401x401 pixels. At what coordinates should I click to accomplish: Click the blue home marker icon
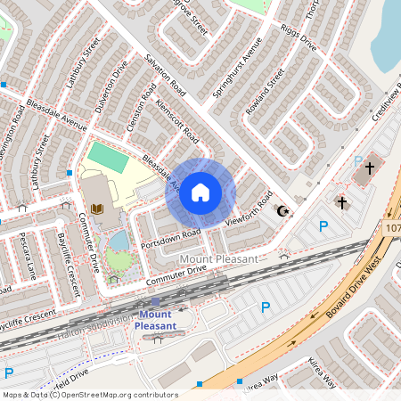(x=200, y=191)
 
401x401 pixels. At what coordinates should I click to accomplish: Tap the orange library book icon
(x=97, y=209)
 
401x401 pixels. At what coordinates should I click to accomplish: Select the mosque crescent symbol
(x=284, y=211)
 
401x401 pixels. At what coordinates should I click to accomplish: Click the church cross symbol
(x=341, y=202)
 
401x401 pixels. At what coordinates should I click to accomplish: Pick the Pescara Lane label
(x=27, y=253)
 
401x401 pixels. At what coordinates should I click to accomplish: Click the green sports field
(x=108, y=159)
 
